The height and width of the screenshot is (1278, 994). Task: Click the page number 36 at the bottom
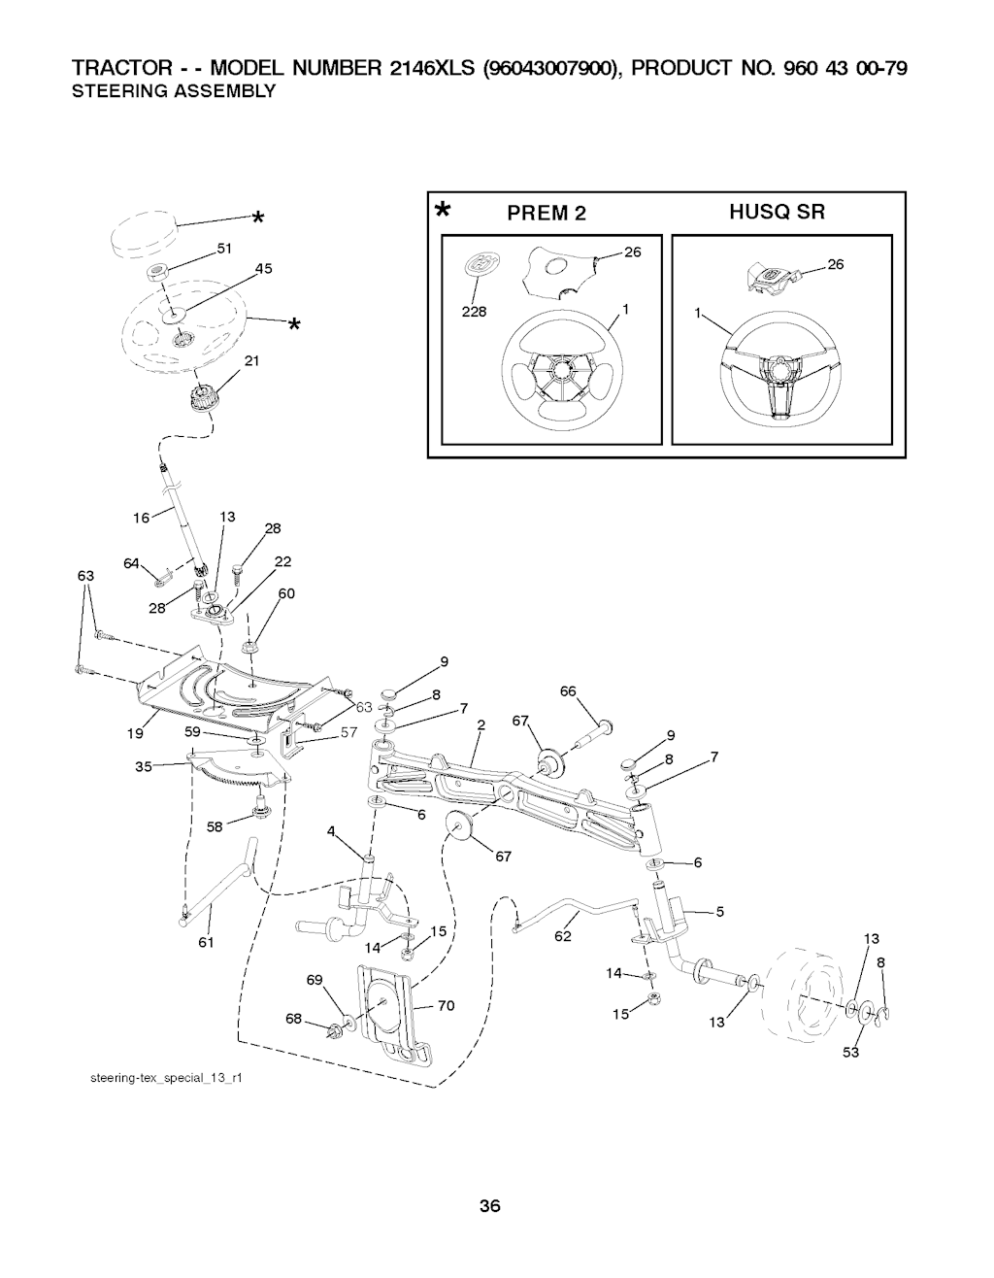click(489, 1206)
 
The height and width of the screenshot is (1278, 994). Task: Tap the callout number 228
click(474, 312)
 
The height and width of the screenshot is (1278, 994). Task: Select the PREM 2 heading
click(547, 213)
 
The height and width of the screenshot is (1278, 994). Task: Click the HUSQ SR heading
click(778, 212)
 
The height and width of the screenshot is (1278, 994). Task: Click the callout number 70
click(447, 1006)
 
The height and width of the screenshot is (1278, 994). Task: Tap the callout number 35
click(144, 767)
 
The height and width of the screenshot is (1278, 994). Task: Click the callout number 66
click(568, 691)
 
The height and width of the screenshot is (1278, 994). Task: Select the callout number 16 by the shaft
click(141, 518)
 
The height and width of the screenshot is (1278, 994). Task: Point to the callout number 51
click(224, 249)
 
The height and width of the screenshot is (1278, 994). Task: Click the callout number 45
click(264, 269)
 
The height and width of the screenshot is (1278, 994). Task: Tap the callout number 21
click(251, 360)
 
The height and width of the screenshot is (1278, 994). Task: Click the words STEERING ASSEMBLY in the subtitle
click(174, 91)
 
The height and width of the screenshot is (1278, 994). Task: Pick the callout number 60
click(286, 594)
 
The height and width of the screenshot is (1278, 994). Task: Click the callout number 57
click(348, 732)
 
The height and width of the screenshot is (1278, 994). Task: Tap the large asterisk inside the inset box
click(444, 211)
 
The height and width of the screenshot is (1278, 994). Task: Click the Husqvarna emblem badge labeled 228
click(480, 263)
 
